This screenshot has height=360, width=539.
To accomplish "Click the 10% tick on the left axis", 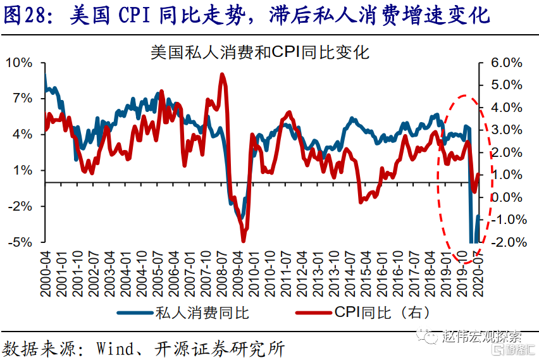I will click(19, 63).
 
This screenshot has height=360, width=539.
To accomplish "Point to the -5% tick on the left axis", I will click(19, 242).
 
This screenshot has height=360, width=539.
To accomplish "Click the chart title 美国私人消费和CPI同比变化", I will click(259, 51).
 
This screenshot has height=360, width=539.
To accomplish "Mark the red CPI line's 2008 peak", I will click(222, 75).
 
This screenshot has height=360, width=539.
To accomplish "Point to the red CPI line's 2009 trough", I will click(243, 240).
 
